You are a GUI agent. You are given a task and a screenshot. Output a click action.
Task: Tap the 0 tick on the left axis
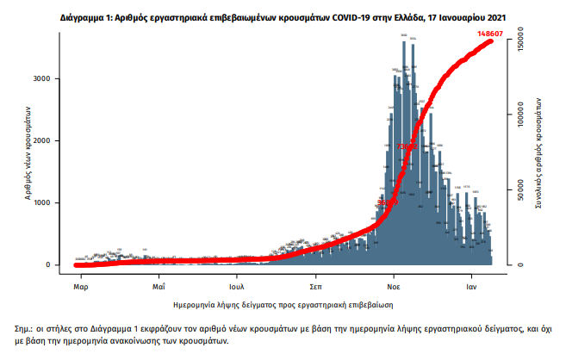click(x=56, y=264)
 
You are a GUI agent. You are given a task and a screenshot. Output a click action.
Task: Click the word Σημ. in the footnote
click(x=22, y=329)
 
